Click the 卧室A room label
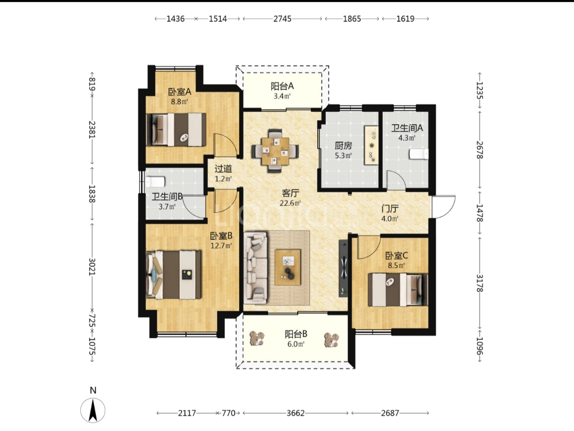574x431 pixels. point(180,92)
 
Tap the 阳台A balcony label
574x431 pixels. point(282,87)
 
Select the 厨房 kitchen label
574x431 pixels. point(343,146)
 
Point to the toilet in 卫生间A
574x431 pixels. point(419,154)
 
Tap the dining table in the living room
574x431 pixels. point(275,150)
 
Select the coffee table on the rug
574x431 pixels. point(288,267)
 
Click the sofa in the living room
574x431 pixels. point(256,268)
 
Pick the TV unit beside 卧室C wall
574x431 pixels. point(343,269)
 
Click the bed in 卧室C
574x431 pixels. point(398,290)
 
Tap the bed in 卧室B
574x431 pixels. point(173,275)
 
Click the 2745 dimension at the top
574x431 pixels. point(282,19)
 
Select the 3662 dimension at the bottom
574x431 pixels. point(296,413)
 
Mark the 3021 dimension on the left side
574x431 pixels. point(92,267)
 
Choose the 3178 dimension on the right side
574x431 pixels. point(479,283)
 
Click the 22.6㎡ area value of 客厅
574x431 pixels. point(290,203)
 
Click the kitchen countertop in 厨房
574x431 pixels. point(371,145)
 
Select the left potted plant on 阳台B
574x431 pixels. point(257,339)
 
